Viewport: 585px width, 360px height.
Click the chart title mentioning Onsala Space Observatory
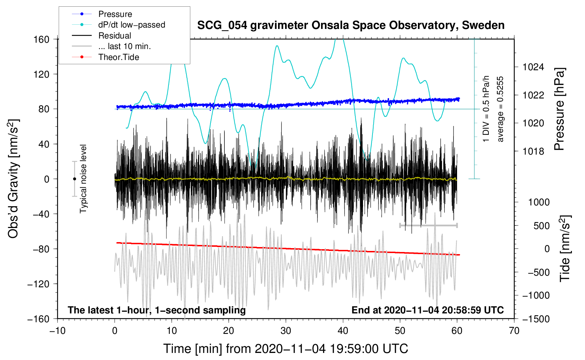[x=351, y=25]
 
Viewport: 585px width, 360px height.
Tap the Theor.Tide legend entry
[x=119, y=57]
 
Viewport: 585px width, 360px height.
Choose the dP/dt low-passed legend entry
[x=131, y=25]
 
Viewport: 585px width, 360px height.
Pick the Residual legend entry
[x=115, y=36]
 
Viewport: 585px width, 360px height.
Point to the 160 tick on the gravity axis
[x=42, y=39]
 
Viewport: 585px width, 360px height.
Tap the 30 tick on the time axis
[x=286, y=331]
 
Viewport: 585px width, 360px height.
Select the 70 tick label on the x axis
[x=514, y=331]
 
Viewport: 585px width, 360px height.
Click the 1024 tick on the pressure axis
[x=533, y=67]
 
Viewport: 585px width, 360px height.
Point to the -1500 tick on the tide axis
[x=536, y=319]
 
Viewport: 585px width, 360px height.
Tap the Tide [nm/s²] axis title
[x=565, y=248]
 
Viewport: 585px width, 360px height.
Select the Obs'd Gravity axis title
[x=13, y=179]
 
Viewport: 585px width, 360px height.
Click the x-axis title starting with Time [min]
[x=286, y=349]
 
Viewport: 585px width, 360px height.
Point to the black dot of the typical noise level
[x=74, y=179]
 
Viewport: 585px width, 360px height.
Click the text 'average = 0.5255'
[x=500, y=109]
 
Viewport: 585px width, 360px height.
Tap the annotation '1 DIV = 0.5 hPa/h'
[x=486, y=109]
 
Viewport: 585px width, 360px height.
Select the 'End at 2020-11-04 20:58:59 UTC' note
[x=427, y=310]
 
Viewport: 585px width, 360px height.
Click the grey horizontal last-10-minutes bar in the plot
[x=428, y=225]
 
